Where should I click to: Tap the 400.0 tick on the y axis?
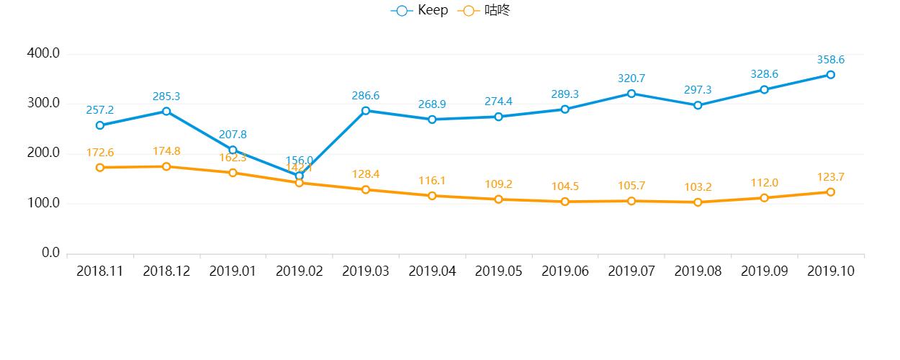click(42, 53)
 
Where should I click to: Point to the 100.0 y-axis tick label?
click(42, 203)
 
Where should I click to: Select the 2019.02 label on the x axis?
click(299, 271)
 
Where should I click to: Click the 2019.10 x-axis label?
click(830, 271)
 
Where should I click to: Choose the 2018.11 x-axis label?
click(100, 271)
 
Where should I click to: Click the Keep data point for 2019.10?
click(830, 75)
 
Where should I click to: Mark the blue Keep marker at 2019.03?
click(366, 111)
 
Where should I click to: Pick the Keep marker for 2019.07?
click(631, 94)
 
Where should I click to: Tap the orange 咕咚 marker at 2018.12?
click(166, 166)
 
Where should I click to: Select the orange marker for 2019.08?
click(698, 202)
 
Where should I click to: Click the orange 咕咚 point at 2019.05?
click(498, 199)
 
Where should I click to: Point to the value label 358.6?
click(830, 60)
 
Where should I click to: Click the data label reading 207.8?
click(233, 135)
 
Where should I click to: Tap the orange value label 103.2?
click(698, 187)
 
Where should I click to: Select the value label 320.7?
click(631, 78)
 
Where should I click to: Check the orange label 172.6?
click(100, 153)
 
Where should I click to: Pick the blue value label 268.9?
click(432, 104)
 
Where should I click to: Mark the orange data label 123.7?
click(830, 176)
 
